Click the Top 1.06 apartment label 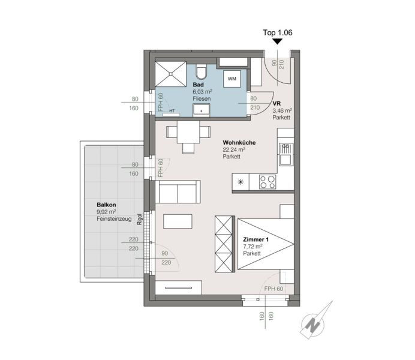pos(278,32)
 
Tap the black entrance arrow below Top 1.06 pos(278,41)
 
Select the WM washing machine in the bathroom pos(232,79)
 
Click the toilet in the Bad pos(202,71)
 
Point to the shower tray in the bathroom pos(171,74)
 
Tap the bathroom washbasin pos(202,110)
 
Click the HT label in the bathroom pos(172,111)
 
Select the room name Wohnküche pos(239,143)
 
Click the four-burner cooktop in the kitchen pos(267,182)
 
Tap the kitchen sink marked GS pos(286,155)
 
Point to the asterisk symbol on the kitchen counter pos(240,182)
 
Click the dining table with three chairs pos(188,136)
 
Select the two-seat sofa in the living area pos(178,192)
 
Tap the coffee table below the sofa pos(178,221)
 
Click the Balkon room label pos(106,205)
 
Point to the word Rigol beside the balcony pos(140,219)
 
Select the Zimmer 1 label pos(255,239)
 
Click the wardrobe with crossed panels pos(225,244)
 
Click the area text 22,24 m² pos(234,149)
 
